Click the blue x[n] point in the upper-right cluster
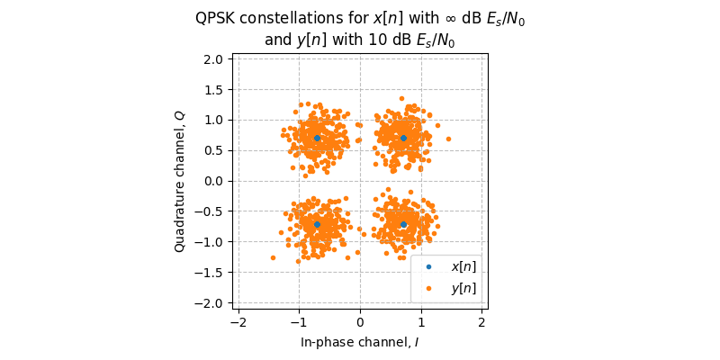coord(403,138)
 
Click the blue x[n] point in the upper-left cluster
coord(317,138)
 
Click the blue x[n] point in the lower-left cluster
coord(317,224)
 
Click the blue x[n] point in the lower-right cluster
coord(403,224)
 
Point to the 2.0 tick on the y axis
coord(212,59)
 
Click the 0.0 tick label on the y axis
coord(212,181)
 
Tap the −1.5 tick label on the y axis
coord(209,273)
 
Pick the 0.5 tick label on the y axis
coord(212,150)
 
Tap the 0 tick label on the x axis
coord(360,322)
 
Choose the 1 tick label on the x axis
coord(421,322)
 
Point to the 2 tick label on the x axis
coord(481,322)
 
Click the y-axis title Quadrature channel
coord(180,181)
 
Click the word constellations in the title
coord(290,19)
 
